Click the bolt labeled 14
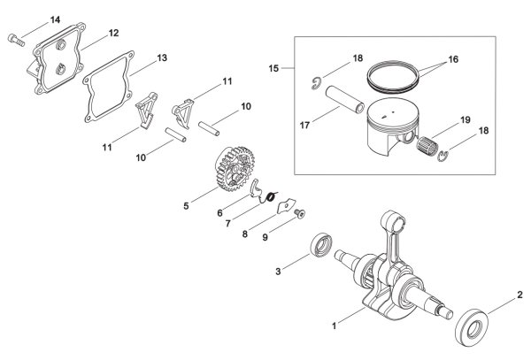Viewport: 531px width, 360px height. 16,40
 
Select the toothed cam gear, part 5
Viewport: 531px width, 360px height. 232,168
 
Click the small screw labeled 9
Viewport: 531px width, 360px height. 299,213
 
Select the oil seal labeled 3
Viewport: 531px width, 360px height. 321,245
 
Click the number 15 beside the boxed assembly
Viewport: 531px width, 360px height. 273,69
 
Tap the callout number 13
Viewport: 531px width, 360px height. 162,57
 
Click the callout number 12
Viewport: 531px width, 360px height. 114,33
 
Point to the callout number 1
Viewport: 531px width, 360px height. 335,326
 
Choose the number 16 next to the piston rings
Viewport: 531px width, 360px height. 453,59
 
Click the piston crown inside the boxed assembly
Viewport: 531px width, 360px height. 393,113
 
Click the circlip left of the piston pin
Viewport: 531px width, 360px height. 316,83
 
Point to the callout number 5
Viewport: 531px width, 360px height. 186,206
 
